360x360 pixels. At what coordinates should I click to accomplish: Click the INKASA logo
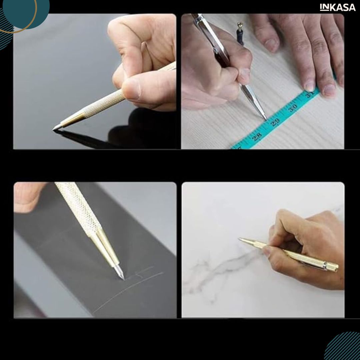point(337,7)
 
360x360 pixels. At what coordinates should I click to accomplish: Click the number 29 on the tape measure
point(275,122)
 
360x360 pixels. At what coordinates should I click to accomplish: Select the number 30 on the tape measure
point(293,108)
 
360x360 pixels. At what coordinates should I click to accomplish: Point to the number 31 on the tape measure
point(310,94)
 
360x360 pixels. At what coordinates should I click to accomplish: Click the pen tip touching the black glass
point(53,129)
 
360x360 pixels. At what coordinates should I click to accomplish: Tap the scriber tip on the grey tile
point(124,278)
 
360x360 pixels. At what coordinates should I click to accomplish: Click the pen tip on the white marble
point(239,239)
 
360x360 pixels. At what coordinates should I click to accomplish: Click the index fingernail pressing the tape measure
point(310,87)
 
